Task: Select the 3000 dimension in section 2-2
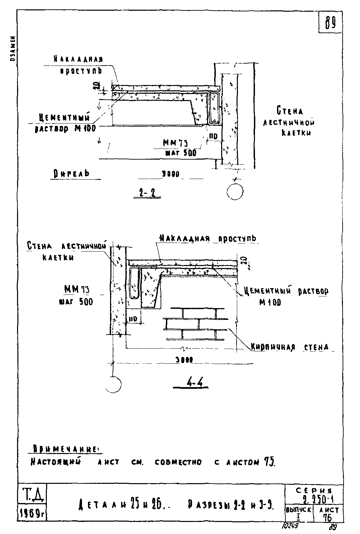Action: click(171, 174)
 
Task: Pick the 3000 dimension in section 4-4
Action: click(184, 360)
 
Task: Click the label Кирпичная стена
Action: click(290, 347)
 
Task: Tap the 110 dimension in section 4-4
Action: click(133, 320)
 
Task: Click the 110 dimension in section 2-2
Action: click(213, 137)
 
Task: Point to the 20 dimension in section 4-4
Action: click(243, 260)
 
